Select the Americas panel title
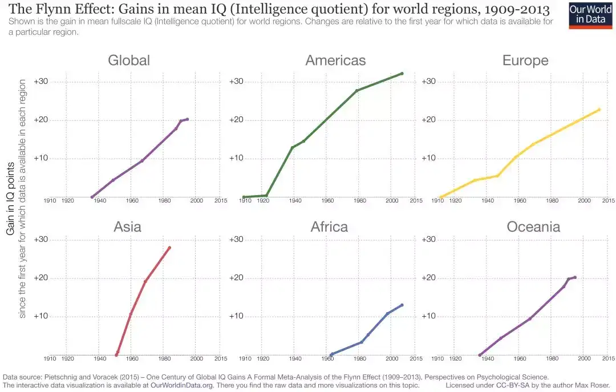click(x=335, y=60)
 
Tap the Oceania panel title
click(x=533, y=227)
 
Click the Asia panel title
click(x=127, y=227)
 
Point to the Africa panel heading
click(x=329, y=227)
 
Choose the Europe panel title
click(x=525, y=60)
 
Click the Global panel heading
click(x=129, y=60)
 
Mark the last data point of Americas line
click(x=402, y=73)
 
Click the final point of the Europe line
click(x=599, y=110)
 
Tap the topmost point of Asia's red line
click(x=169, y=248)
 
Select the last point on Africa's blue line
click(x=402, y=305)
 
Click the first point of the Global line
click(x=92, y=197)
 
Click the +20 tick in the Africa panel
click(x=237, y=278)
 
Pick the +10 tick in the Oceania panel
click(x=429, y=316)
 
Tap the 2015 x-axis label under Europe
click(x=608, y=201)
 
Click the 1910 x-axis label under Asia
click(x=50, y=359)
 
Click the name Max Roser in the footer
click(x=594, y=385)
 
